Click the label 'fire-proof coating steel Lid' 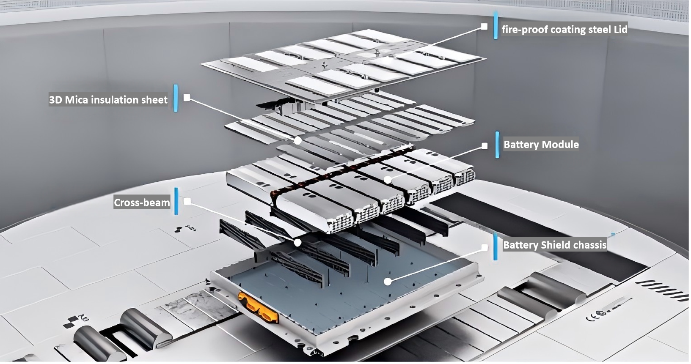pos(564,30)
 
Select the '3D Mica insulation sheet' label pos(108,100)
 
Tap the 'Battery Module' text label pos(541,145)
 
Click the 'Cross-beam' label pos(142,203)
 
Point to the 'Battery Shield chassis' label pos(554,245)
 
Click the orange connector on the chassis pos(258,307)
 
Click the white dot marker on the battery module pos(388,180)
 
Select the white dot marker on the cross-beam pos(297,243)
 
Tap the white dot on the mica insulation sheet pos(298,140)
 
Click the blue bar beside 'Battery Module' pos(497,145)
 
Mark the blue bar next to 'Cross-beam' pos(176,201)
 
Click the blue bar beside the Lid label pos(496,25)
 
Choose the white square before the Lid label pos(485,27)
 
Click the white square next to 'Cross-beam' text pos(187,202)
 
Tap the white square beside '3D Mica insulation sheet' pos(187,98)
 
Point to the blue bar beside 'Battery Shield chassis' pos(495,246)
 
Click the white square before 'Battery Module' pos(485,146)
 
